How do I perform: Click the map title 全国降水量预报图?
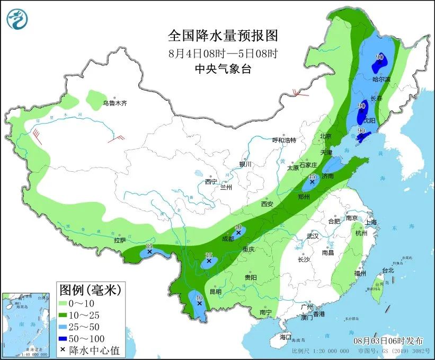(x=223, y=36)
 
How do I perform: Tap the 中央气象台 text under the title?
(x=223, y=68)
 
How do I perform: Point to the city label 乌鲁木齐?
(x=115, y=103)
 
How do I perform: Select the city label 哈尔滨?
(x=381, y=79)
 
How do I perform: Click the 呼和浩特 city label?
(x=284, y=140)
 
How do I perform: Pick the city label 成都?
(x=228, y=239)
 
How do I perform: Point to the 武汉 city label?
(x=313, y=236)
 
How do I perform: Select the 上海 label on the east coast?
(x=370, y=222)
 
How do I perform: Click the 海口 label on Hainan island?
(x=286, y=337)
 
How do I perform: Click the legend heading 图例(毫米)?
(x=90, y=290)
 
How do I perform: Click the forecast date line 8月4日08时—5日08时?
(x=223, y=53)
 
